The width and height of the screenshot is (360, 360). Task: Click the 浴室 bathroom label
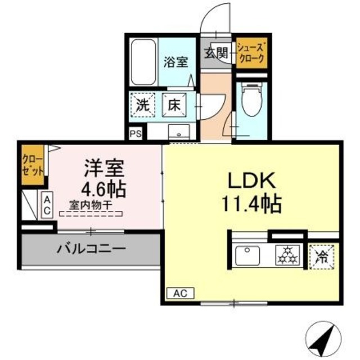click(175, 62)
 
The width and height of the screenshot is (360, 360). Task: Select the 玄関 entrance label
click(216, 53)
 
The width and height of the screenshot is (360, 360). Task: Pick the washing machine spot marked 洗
click(143, 105)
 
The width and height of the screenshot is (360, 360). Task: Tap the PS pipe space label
click(135, 134)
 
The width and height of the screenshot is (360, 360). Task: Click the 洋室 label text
click(104, 168)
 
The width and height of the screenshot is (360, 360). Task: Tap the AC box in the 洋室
click(47, 205)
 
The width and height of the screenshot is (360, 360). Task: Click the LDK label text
click(250, 181)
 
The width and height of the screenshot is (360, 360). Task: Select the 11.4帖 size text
click(251, 204)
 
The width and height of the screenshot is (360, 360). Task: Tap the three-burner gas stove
click(289, 256)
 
